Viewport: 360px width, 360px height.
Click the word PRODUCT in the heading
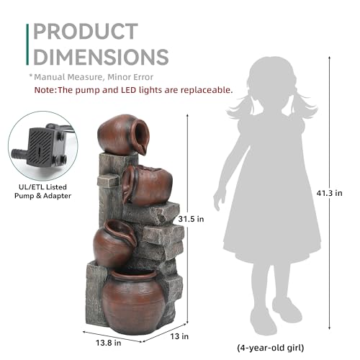[86, 31]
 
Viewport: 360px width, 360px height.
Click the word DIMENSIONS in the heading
[101, 57]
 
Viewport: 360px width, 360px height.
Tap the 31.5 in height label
[191, 219]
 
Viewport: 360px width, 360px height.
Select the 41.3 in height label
[329, 193]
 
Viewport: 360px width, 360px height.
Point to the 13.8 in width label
[109, 343]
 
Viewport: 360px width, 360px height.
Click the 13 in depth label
[179, 336]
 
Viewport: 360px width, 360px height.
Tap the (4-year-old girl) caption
[271, 348]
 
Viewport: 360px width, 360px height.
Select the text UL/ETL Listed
[42, 187]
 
